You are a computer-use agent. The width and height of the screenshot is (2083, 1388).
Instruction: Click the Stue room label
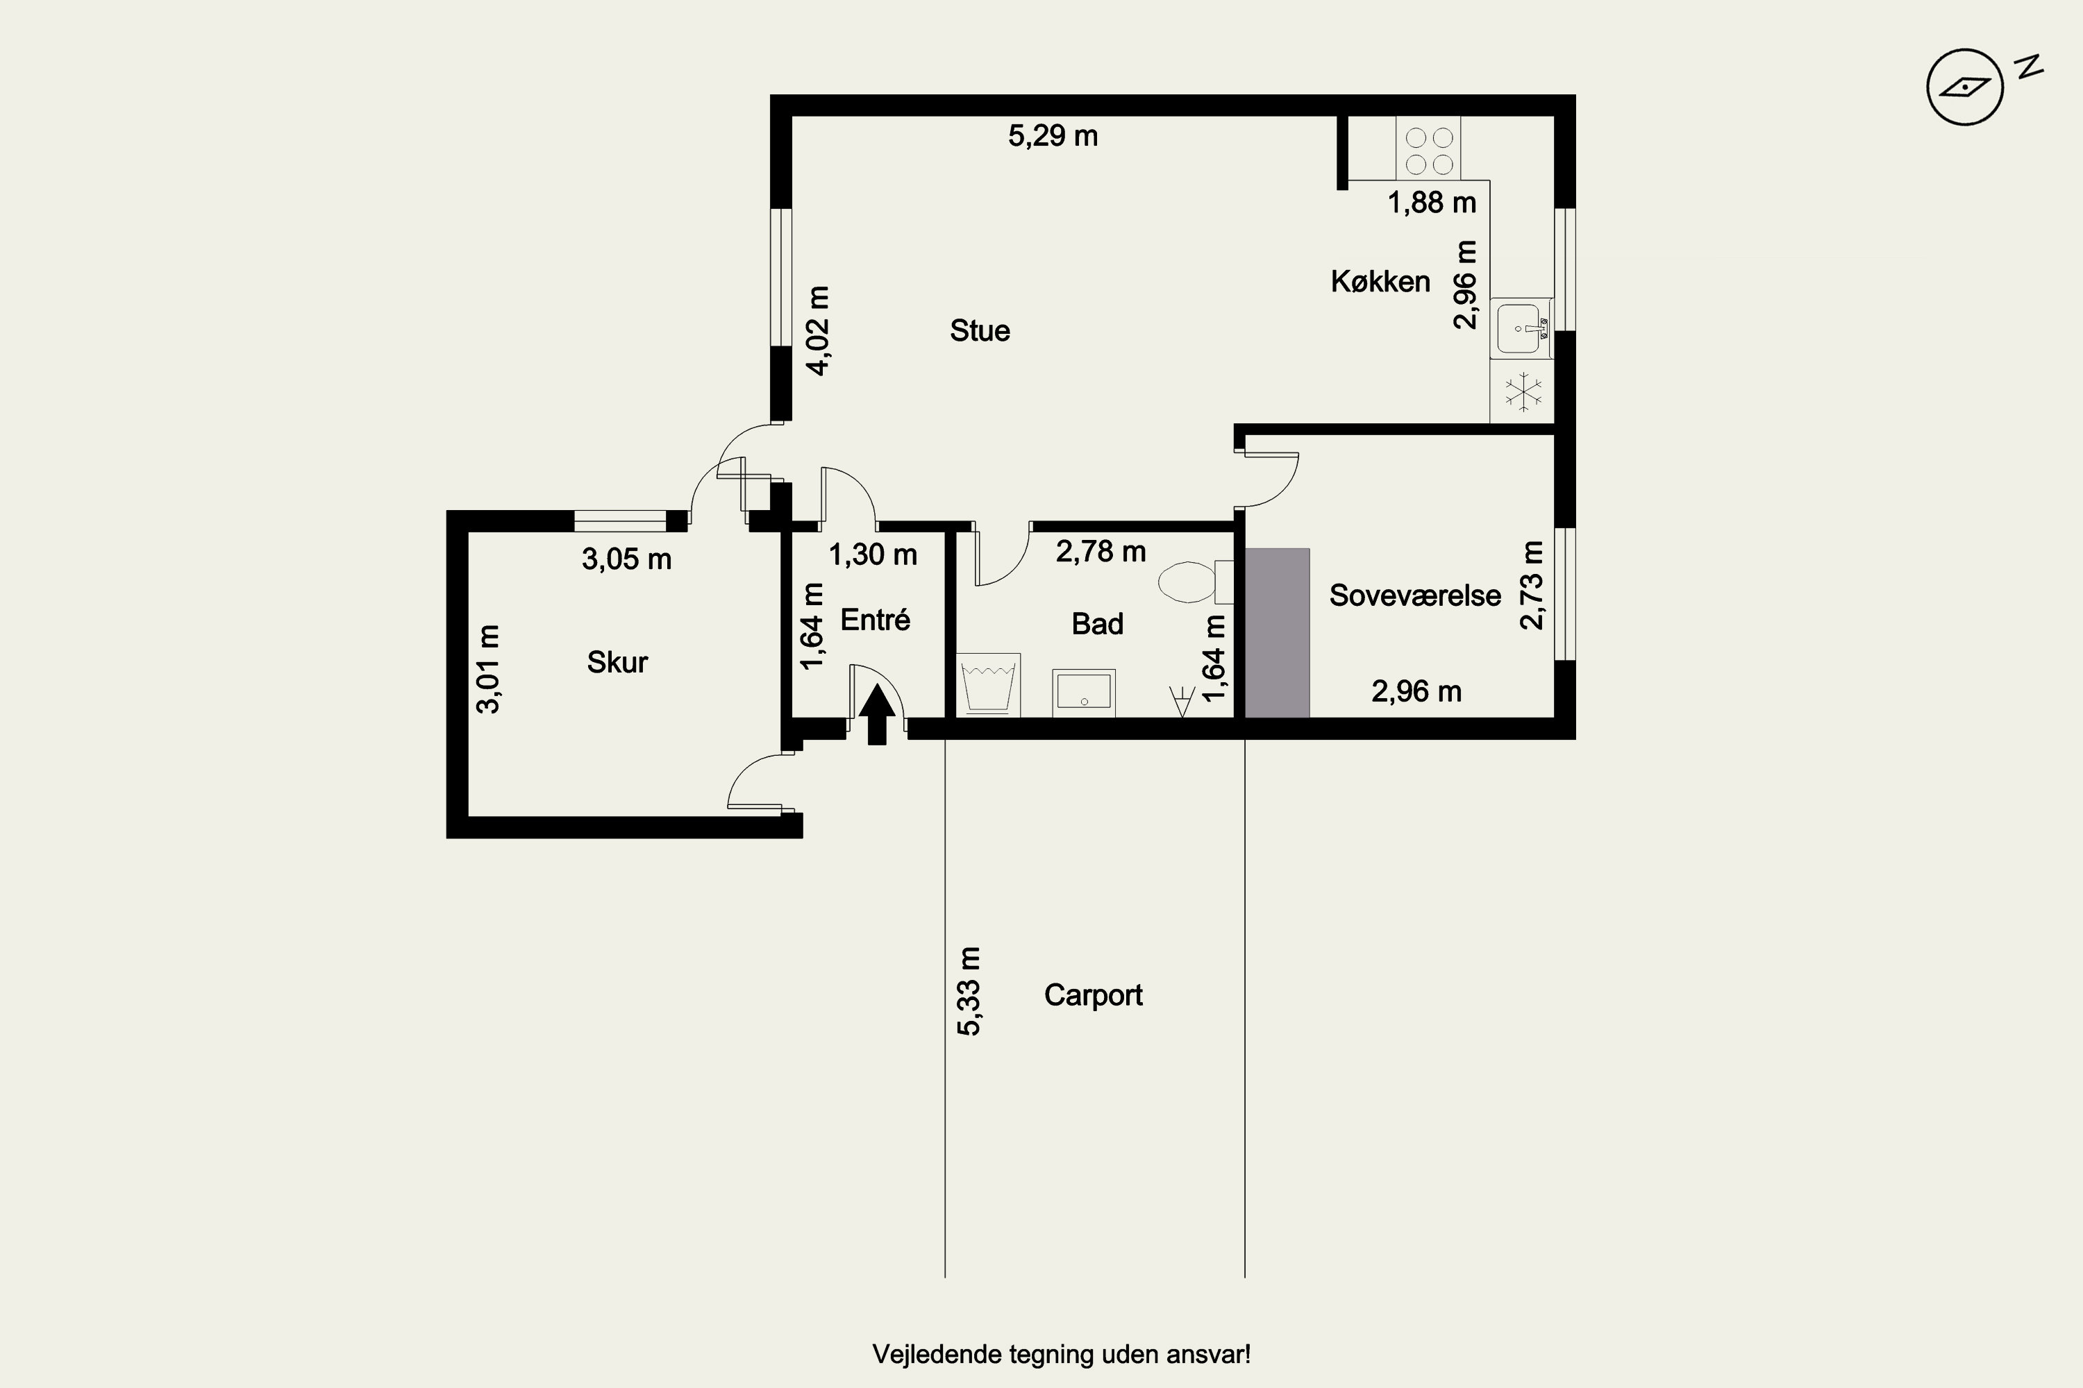(x=980, y=331)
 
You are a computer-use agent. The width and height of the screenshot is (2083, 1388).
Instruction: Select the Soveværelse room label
(x=1415, y=595)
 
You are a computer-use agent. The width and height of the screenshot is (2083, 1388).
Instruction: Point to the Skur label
(x=617, y=662)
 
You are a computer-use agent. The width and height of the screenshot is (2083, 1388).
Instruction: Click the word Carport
(x=1093, y=996)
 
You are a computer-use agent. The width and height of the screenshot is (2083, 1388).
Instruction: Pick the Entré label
(x=875, y=620)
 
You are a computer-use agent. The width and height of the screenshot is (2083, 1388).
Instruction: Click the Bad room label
(x=1097, y=624)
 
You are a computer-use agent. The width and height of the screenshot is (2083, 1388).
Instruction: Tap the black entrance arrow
(x=877, y=714)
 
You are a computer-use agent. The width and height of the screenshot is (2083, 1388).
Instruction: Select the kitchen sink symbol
(x=1521, y=328)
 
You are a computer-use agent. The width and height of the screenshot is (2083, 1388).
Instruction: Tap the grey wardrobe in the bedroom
(x=1277, y=633)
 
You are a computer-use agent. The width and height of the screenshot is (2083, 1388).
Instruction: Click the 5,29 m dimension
(x=1053, y=136)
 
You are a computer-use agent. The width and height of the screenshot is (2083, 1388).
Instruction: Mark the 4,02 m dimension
(x=819, y=331)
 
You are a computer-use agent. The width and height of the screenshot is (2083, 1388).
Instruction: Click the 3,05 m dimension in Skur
(x=626, y=559)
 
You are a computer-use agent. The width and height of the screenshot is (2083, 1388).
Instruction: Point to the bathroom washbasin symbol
(x=1084, y=692)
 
